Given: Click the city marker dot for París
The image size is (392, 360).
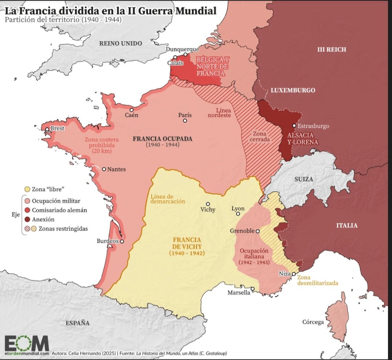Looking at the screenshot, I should coord(185,121).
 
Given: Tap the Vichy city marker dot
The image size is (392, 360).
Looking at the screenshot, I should coord(208,204).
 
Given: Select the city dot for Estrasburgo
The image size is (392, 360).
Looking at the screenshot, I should coord(294,126).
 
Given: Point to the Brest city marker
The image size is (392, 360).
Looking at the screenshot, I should coord(47,129).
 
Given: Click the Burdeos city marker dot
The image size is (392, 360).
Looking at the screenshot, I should coord(122,241).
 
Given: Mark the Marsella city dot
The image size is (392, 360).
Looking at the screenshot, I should coord(252,289).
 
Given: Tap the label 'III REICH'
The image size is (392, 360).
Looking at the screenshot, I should coord(332,49).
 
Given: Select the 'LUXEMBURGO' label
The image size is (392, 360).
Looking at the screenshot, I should coord(293,90).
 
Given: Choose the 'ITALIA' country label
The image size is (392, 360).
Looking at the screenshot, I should coord(347,225).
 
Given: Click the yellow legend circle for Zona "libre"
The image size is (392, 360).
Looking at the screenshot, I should coord(26,189).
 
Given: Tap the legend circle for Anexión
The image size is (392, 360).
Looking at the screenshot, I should coord(26,219).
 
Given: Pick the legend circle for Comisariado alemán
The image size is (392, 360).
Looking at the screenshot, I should coord(26,210).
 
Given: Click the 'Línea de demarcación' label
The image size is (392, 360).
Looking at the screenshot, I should coord(168,199).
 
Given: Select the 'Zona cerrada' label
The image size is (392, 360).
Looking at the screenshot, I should coord(261,136).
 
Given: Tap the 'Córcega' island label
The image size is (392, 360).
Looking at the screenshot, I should coord(313,322).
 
